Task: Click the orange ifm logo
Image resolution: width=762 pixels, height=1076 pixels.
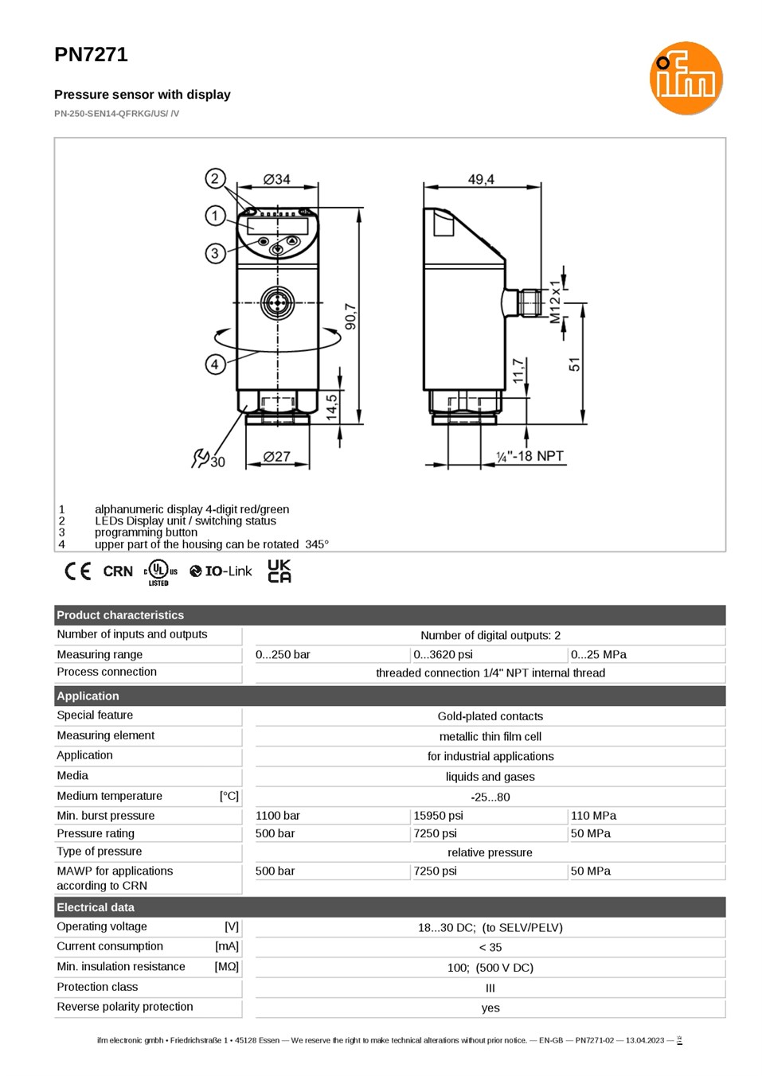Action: tap(686, 78)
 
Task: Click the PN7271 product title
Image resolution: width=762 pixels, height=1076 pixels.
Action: tap(92, 55)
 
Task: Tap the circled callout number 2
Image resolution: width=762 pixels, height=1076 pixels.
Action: tap(215, 179)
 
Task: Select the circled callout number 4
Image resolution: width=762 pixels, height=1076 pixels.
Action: tap(215, 365)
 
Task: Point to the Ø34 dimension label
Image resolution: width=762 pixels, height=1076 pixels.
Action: tap(277, 179)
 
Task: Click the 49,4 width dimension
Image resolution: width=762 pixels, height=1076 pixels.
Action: tap(481, 179)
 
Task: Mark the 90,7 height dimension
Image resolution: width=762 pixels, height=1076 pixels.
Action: tap(351, 317)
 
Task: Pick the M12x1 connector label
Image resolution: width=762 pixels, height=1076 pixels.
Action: tap(555, 302)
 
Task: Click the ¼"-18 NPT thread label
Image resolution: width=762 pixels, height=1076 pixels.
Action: tap(530, 456)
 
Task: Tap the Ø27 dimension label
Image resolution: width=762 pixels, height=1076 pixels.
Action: tap(277, 456)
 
